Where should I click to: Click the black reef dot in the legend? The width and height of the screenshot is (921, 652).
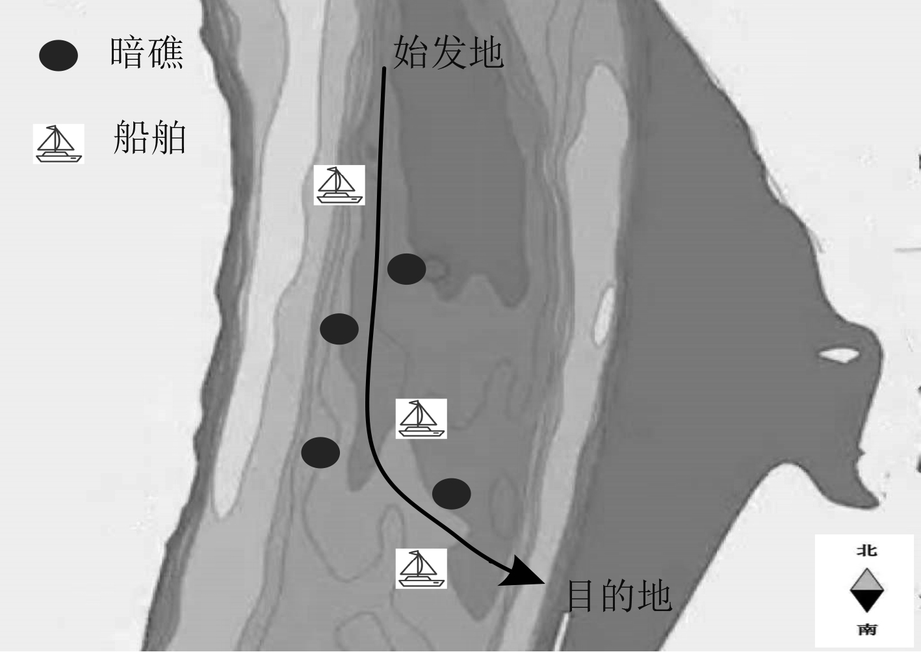pos(58,55)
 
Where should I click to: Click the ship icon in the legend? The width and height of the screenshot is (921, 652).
pos(58,144)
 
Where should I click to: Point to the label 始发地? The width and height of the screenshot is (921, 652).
pos(448,52)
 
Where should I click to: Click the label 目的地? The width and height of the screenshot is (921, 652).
pos(618,595)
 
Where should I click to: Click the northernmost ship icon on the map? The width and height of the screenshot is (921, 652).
pos(339,185)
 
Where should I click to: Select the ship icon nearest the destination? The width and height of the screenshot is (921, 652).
pos(421,568)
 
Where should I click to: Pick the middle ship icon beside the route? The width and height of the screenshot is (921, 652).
pos(421,419)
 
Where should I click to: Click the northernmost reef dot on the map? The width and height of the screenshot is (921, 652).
pos(407,268)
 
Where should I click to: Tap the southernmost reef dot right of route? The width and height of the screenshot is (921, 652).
pos(452,494)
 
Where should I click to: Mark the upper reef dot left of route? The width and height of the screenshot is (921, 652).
pos(339,329)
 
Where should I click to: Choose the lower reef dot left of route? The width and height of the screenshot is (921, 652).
pos(320,452)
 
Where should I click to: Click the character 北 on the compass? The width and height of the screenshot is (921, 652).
pos(866,551)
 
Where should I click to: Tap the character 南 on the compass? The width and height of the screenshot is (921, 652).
pos(866,629)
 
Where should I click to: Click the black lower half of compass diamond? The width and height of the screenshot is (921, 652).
pos(866,601)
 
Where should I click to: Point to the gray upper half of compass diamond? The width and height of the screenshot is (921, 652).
pos(866,580)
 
